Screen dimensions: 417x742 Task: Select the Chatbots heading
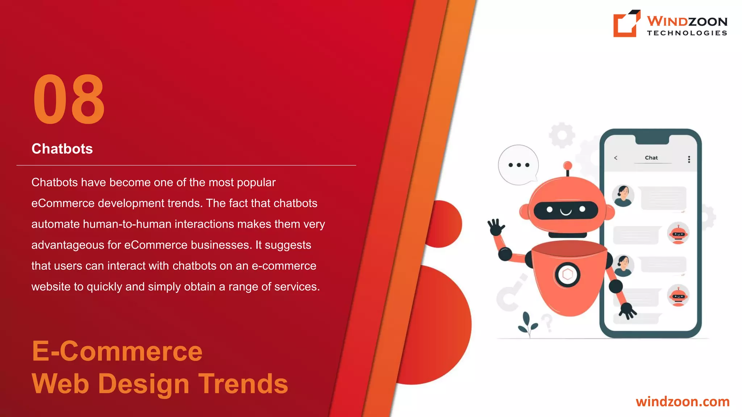(62, 149)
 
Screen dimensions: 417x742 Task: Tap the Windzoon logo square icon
(626, 24)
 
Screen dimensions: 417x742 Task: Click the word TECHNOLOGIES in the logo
(687, 33)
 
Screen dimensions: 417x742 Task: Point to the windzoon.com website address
(683, 401)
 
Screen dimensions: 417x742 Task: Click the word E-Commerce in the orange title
(117, 351)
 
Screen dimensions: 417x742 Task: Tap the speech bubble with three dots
(518, 165)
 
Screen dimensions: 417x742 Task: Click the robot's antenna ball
(568, 166)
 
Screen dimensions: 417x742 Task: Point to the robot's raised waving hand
(495, 227)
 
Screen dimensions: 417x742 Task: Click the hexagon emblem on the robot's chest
(567, 275)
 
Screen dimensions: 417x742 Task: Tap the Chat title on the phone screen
(651, 158)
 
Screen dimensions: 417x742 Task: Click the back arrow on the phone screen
(616, 158)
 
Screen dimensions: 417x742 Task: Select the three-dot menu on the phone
(689, 159)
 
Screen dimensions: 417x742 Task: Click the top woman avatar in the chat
(623, 195)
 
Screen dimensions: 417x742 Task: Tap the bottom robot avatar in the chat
(678, 296)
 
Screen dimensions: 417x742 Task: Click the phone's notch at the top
(651, 139)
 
